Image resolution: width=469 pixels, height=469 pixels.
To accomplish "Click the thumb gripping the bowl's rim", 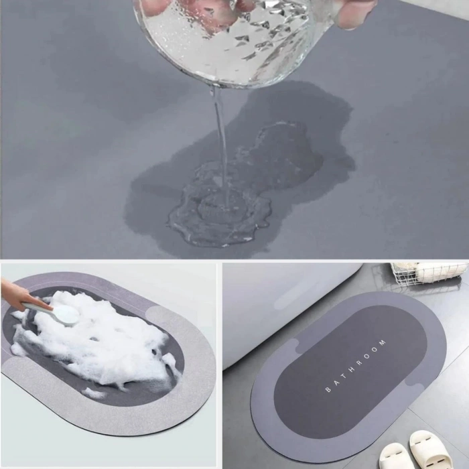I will point(355,13).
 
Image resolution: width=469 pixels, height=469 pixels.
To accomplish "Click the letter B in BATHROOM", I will point(328,390).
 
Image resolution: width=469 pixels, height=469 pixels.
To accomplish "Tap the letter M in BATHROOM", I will point(383,343).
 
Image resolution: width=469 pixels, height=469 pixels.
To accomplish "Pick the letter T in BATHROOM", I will point(344,376).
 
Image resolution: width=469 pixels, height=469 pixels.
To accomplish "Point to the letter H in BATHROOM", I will point(352,369).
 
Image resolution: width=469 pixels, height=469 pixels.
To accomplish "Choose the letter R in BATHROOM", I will point(360,362).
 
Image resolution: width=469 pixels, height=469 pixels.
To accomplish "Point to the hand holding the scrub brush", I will point(20,295).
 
